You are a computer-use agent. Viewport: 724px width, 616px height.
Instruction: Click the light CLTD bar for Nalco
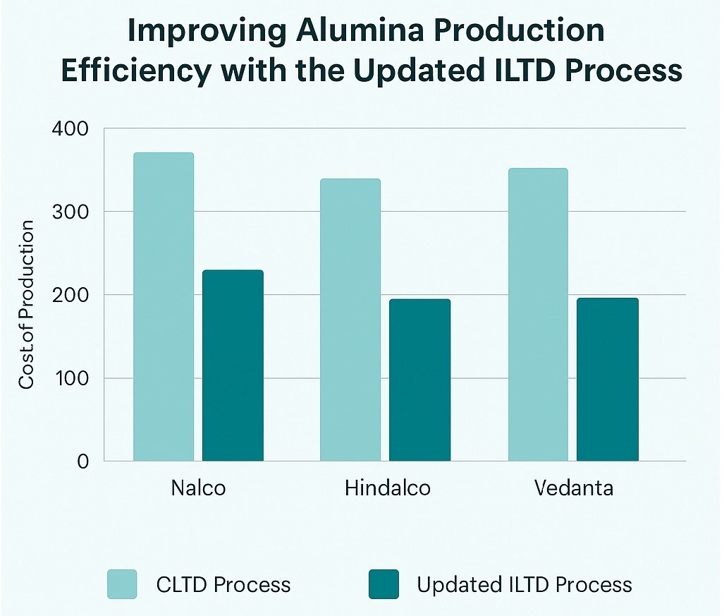tap(163, 307)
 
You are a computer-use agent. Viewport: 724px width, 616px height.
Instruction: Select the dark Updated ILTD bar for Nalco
tap(233, 366)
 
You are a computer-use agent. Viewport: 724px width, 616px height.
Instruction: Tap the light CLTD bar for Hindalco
tap(350, 320)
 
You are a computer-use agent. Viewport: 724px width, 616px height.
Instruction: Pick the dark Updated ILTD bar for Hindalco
tap(419, 380)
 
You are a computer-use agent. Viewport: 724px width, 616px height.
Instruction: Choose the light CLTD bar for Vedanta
tap(537, 315)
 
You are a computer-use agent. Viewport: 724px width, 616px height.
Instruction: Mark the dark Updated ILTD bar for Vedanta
tap(607, 379)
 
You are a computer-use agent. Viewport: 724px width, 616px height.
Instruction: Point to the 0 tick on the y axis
tap(82, 461)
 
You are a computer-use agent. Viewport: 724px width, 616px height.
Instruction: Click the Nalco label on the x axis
tap(198, 488)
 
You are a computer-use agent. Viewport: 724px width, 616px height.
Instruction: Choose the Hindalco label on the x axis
tap(387, 488)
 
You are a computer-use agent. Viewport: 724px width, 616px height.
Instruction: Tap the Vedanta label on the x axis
tap(573, 488)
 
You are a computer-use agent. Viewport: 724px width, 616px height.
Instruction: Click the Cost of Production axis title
tap(27, 305)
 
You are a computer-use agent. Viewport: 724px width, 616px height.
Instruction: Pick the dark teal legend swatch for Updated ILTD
tap(383, 584)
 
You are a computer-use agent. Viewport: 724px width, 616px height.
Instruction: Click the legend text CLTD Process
tap(223, 585)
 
